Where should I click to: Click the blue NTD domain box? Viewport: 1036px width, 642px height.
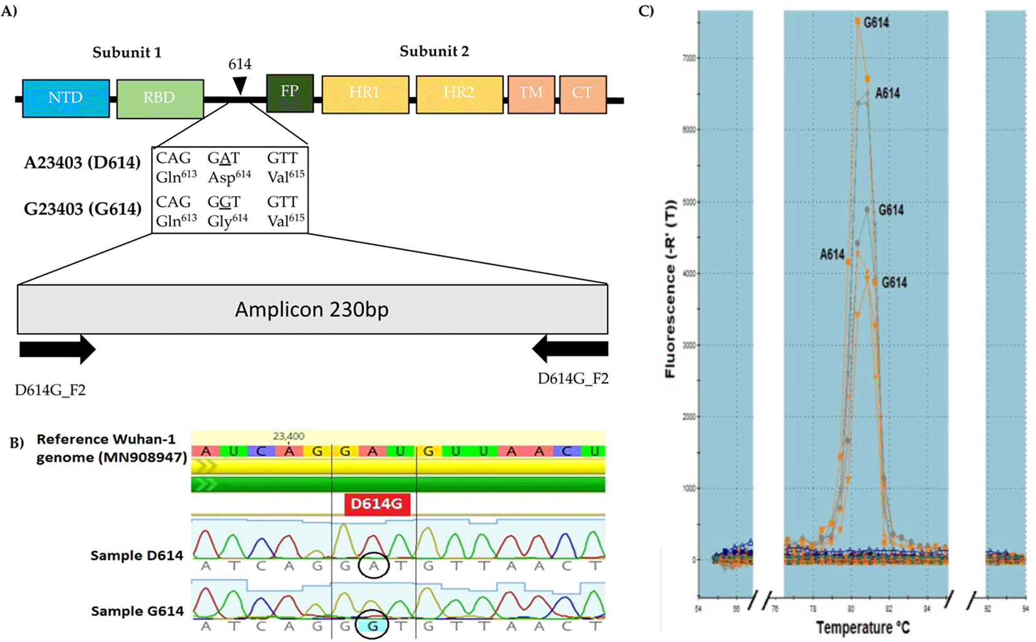click(x=66, y=98)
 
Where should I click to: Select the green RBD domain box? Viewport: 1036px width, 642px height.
click(x=160, y=98)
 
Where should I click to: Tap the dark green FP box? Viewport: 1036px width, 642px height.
click(x=289, y=92)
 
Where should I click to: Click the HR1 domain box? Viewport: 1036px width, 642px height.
click(x=365, y=93)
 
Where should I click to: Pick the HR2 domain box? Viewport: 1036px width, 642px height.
click(x=458, y=93)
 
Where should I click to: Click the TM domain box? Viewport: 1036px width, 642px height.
click(x=531, y=93)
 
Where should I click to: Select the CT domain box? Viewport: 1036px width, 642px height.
click(x=582, y=93)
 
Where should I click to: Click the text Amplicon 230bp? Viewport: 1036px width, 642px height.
click(x=312, y=309)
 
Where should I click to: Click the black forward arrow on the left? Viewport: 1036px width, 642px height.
click(x=57, y=349)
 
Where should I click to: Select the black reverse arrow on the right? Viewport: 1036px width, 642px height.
click(x=570, y=349)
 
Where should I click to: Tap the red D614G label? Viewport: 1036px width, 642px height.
click(x=376, y=504)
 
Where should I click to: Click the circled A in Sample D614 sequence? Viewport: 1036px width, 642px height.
click(x=373, y=566)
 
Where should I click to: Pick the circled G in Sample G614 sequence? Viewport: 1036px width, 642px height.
click(x=373, y=625)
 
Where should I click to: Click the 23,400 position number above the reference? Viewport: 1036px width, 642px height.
click(x=289, y=436)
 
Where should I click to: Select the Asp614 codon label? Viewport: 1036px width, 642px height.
click(x=229, y=177)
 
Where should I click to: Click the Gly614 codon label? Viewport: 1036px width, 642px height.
click(x=227, y=220)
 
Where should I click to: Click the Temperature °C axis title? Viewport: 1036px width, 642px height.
click(x=862, y=627)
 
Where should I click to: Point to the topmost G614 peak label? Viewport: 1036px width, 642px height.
click(x=876, y=23)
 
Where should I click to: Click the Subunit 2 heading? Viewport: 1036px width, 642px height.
click(x=434, y=51)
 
